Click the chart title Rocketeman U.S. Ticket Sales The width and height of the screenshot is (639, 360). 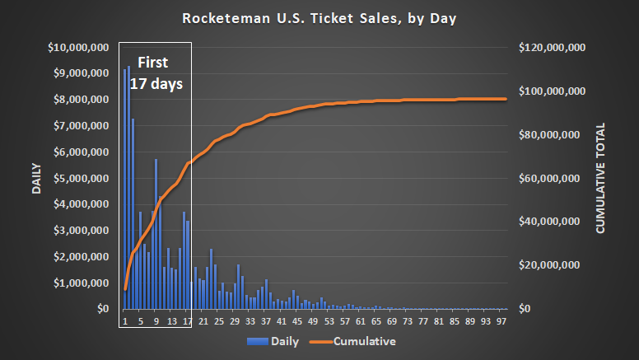319,17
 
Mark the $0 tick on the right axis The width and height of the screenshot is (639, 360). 527,309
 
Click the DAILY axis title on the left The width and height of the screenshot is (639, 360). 36,178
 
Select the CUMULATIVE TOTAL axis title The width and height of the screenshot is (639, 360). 600,178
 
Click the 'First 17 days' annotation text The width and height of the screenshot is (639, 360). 155,72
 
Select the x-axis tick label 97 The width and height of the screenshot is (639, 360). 500,321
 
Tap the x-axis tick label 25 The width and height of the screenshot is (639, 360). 218,321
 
